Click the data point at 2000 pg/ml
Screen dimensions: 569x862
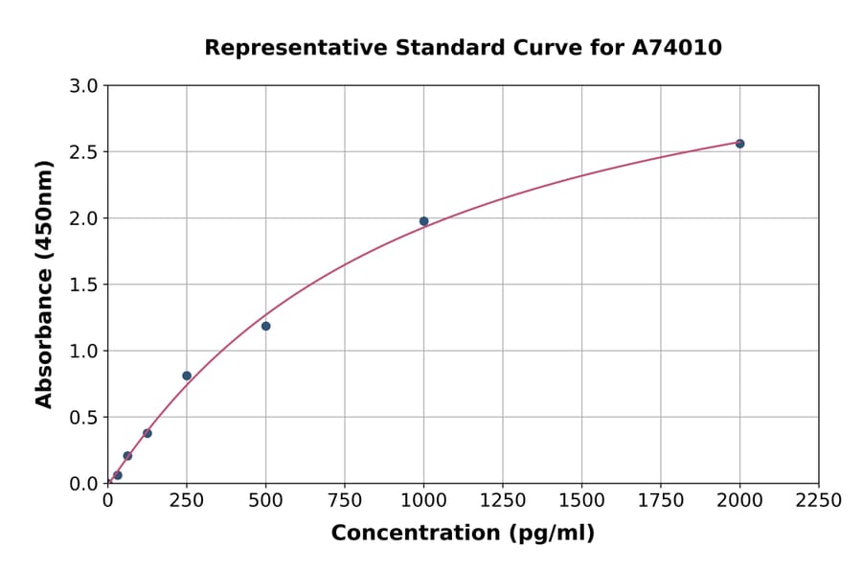coord(739,144)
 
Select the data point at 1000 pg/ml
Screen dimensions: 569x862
coord(423,221)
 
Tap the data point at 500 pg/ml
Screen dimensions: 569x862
coord(265,326)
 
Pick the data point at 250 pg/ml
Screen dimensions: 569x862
coord(187,376)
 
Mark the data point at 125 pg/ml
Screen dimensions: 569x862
coord(147,433)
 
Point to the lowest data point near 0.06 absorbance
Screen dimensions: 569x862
coord(118,475)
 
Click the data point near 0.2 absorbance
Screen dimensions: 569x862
coord(127,456)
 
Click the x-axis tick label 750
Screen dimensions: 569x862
coord(345,501)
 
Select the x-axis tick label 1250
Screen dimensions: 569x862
coord(503,501)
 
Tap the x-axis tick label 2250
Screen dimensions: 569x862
coord(819,501)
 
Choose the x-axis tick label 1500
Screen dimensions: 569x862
coord(581,501)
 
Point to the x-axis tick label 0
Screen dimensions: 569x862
coord(107,501)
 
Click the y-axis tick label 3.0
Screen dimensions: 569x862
coord(85,86)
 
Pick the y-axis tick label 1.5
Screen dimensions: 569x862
coord(85,284)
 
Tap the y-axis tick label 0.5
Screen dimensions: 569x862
coord(85,417)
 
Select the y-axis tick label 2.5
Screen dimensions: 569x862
coord(85,152)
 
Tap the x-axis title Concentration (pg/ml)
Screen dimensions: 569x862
coord(463,533)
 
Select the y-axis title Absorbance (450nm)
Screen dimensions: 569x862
coord(44,284)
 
